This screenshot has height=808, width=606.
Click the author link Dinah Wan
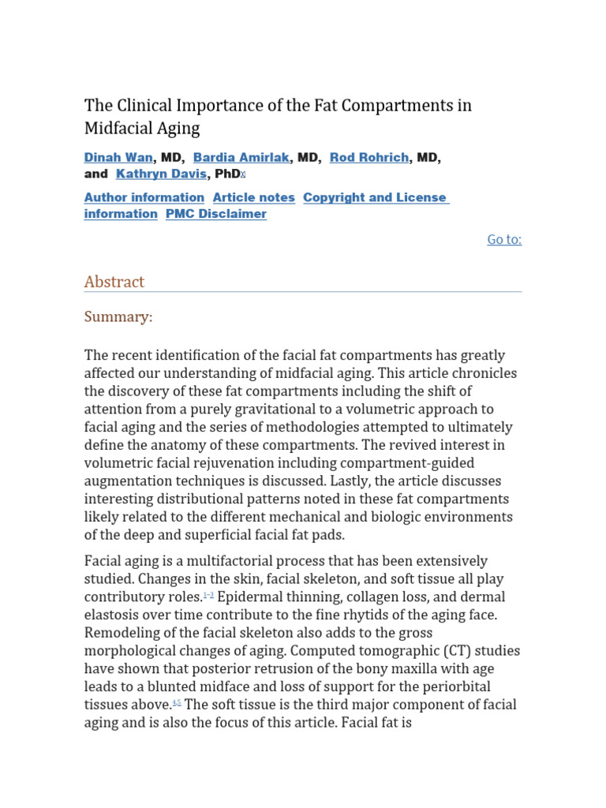point(118,158)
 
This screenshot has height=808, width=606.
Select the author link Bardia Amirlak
point(241,158)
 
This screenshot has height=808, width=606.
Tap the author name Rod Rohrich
point(369,158)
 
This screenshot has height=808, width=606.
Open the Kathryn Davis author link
point(161,174)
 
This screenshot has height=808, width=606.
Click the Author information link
point(144,198)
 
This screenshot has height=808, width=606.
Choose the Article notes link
point(253,198)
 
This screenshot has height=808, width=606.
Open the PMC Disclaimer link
point(215,215)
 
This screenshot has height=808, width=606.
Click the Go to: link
point(504,240)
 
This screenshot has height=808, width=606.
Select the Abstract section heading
point(114,282)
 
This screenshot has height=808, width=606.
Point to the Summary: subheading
point(118,317)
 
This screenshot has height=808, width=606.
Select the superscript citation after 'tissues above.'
point(177,703)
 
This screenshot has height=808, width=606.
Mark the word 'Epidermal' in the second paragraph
point(251,597)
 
